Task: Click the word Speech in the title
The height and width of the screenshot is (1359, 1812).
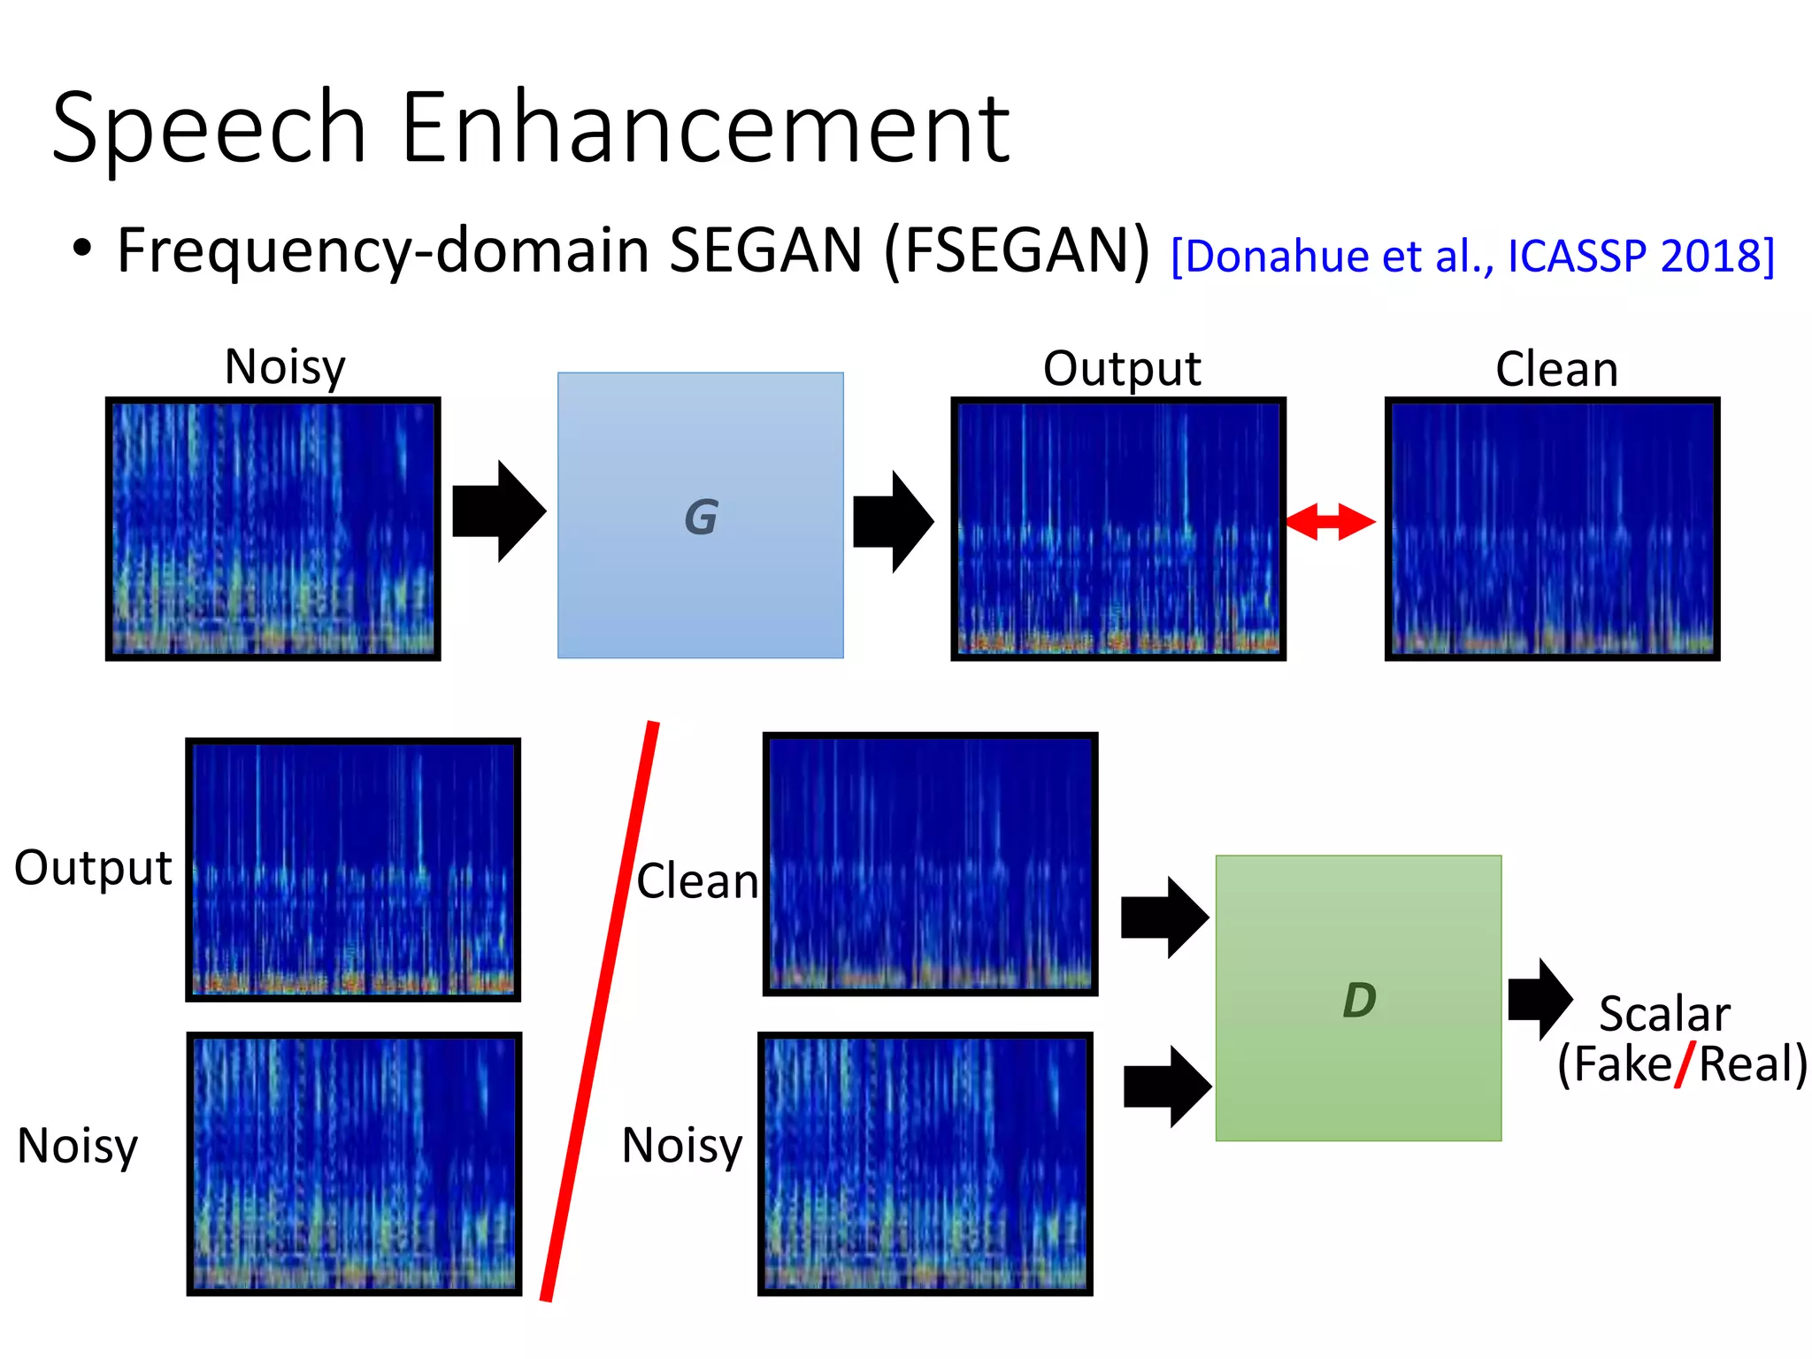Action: pos(209,128)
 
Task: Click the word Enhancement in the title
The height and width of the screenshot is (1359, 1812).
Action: pos(705,128)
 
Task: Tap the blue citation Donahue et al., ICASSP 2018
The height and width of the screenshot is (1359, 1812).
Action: pos(1472,257)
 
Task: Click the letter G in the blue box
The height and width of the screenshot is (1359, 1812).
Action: pos(701,517)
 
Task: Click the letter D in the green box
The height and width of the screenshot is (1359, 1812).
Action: pos(1359,1001)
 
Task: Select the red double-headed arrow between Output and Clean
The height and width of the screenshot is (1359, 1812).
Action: pos(1330,521)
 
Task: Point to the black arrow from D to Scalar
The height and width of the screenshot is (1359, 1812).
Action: pos(1540,999)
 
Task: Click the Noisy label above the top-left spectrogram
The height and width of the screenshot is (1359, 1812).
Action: pos(284,366)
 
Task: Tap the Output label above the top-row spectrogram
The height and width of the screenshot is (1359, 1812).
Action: pos(1121,368)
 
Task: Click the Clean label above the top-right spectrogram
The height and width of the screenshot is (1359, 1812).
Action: pos(1556,369)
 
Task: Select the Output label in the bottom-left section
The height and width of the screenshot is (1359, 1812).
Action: pos(93,868)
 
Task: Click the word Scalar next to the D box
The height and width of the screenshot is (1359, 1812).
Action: pos(1663,1014)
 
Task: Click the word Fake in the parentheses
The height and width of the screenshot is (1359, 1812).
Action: pos(1622,1063)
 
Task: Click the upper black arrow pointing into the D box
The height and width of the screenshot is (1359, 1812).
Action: pos(1164,918)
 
